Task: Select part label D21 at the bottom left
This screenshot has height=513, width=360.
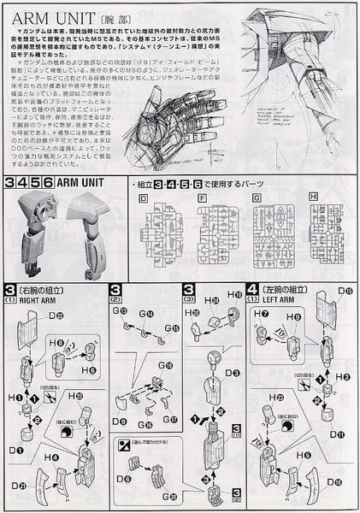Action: coord(18,486)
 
